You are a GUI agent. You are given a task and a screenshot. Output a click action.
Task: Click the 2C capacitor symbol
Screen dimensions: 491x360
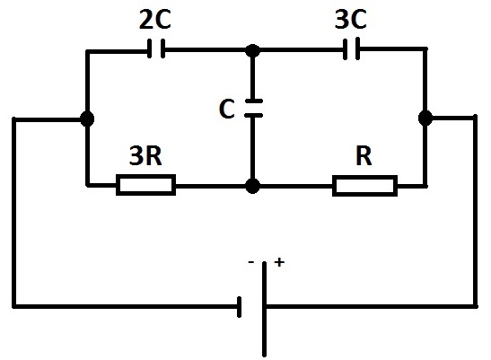156,48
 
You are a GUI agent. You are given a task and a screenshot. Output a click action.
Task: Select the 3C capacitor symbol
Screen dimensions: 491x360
352,48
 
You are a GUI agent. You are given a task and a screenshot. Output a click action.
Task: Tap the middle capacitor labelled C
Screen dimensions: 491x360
254,108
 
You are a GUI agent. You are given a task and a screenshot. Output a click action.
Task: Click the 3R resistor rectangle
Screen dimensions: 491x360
145,185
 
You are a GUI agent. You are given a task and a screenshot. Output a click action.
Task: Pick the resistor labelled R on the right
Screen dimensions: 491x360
364,186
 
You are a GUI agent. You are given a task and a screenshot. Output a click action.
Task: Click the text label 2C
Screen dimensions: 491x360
155,20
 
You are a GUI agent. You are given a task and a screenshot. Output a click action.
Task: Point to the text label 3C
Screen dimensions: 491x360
350,19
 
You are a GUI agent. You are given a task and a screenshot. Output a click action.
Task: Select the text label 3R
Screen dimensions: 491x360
145,155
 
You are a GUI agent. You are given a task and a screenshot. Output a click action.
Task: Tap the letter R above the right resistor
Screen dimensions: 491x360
364,155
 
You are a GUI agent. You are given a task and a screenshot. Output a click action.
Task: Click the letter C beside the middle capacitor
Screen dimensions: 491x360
227,109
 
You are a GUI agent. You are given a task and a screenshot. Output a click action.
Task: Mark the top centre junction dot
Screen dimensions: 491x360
253,50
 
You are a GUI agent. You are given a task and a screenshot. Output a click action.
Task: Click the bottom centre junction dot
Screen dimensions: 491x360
253,186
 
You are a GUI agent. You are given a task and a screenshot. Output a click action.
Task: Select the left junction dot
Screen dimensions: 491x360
87,119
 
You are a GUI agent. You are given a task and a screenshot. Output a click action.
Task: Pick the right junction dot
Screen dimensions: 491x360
425,119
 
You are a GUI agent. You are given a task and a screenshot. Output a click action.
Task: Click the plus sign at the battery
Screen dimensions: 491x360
279,262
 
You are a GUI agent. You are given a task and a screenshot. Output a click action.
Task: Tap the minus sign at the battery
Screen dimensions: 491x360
250,261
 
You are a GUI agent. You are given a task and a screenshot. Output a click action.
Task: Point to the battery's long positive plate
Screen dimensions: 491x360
265,309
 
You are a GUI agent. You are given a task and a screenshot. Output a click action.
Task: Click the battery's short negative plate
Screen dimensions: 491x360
240,307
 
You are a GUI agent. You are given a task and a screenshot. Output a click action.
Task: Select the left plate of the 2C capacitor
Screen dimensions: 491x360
150,48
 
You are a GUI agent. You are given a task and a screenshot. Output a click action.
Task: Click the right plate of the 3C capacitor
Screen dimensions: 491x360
358,48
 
